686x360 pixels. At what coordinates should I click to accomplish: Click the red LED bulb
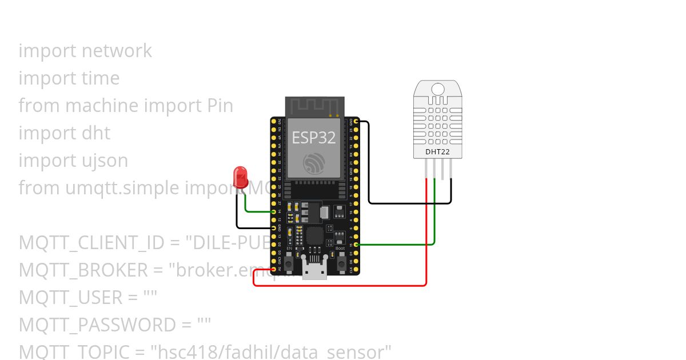coord(241,177)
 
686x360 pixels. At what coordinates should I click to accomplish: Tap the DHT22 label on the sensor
coord(437,152)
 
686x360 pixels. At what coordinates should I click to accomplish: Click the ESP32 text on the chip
coord(314,137)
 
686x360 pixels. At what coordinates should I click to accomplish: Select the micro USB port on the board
coord(315,270)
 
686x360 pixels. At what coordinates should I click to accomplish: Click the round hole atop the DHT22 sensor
coord(438,89)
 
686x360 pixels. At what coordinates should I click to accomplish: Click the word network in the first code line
coord(117,51)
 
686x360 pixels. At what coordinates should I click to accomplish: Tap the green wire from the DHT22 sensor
coord(434,217)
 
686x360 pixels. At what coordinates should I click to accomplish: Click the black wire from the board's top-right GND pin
coord(369,166)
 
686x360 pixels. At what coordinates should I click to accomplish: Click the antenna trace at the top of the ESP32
coord(314,106)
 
